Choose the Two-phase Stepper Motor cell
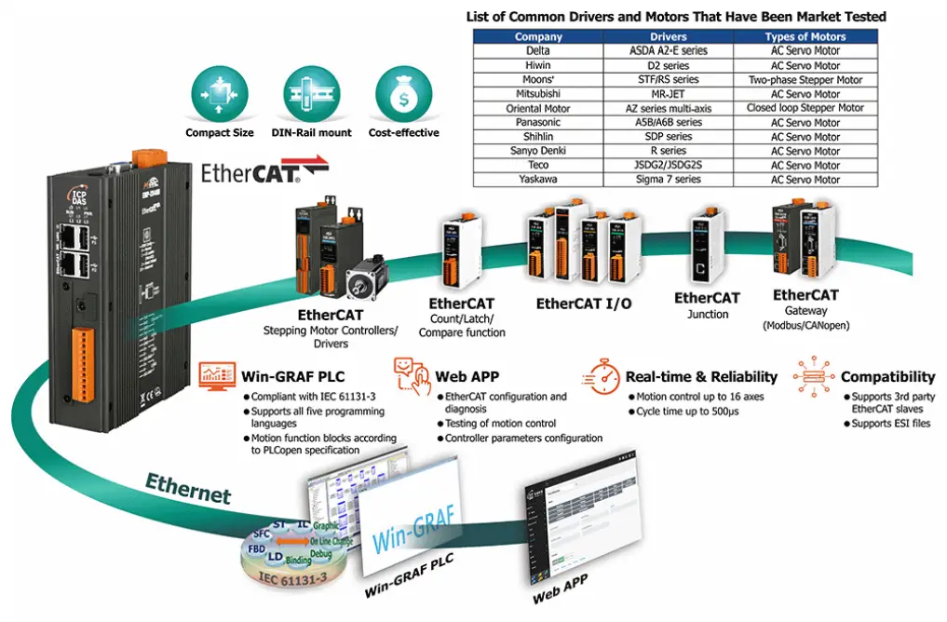805,80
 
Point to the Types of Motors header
805,37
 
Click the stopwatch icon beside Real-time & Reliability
602,376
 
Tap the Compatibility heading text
887,377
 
